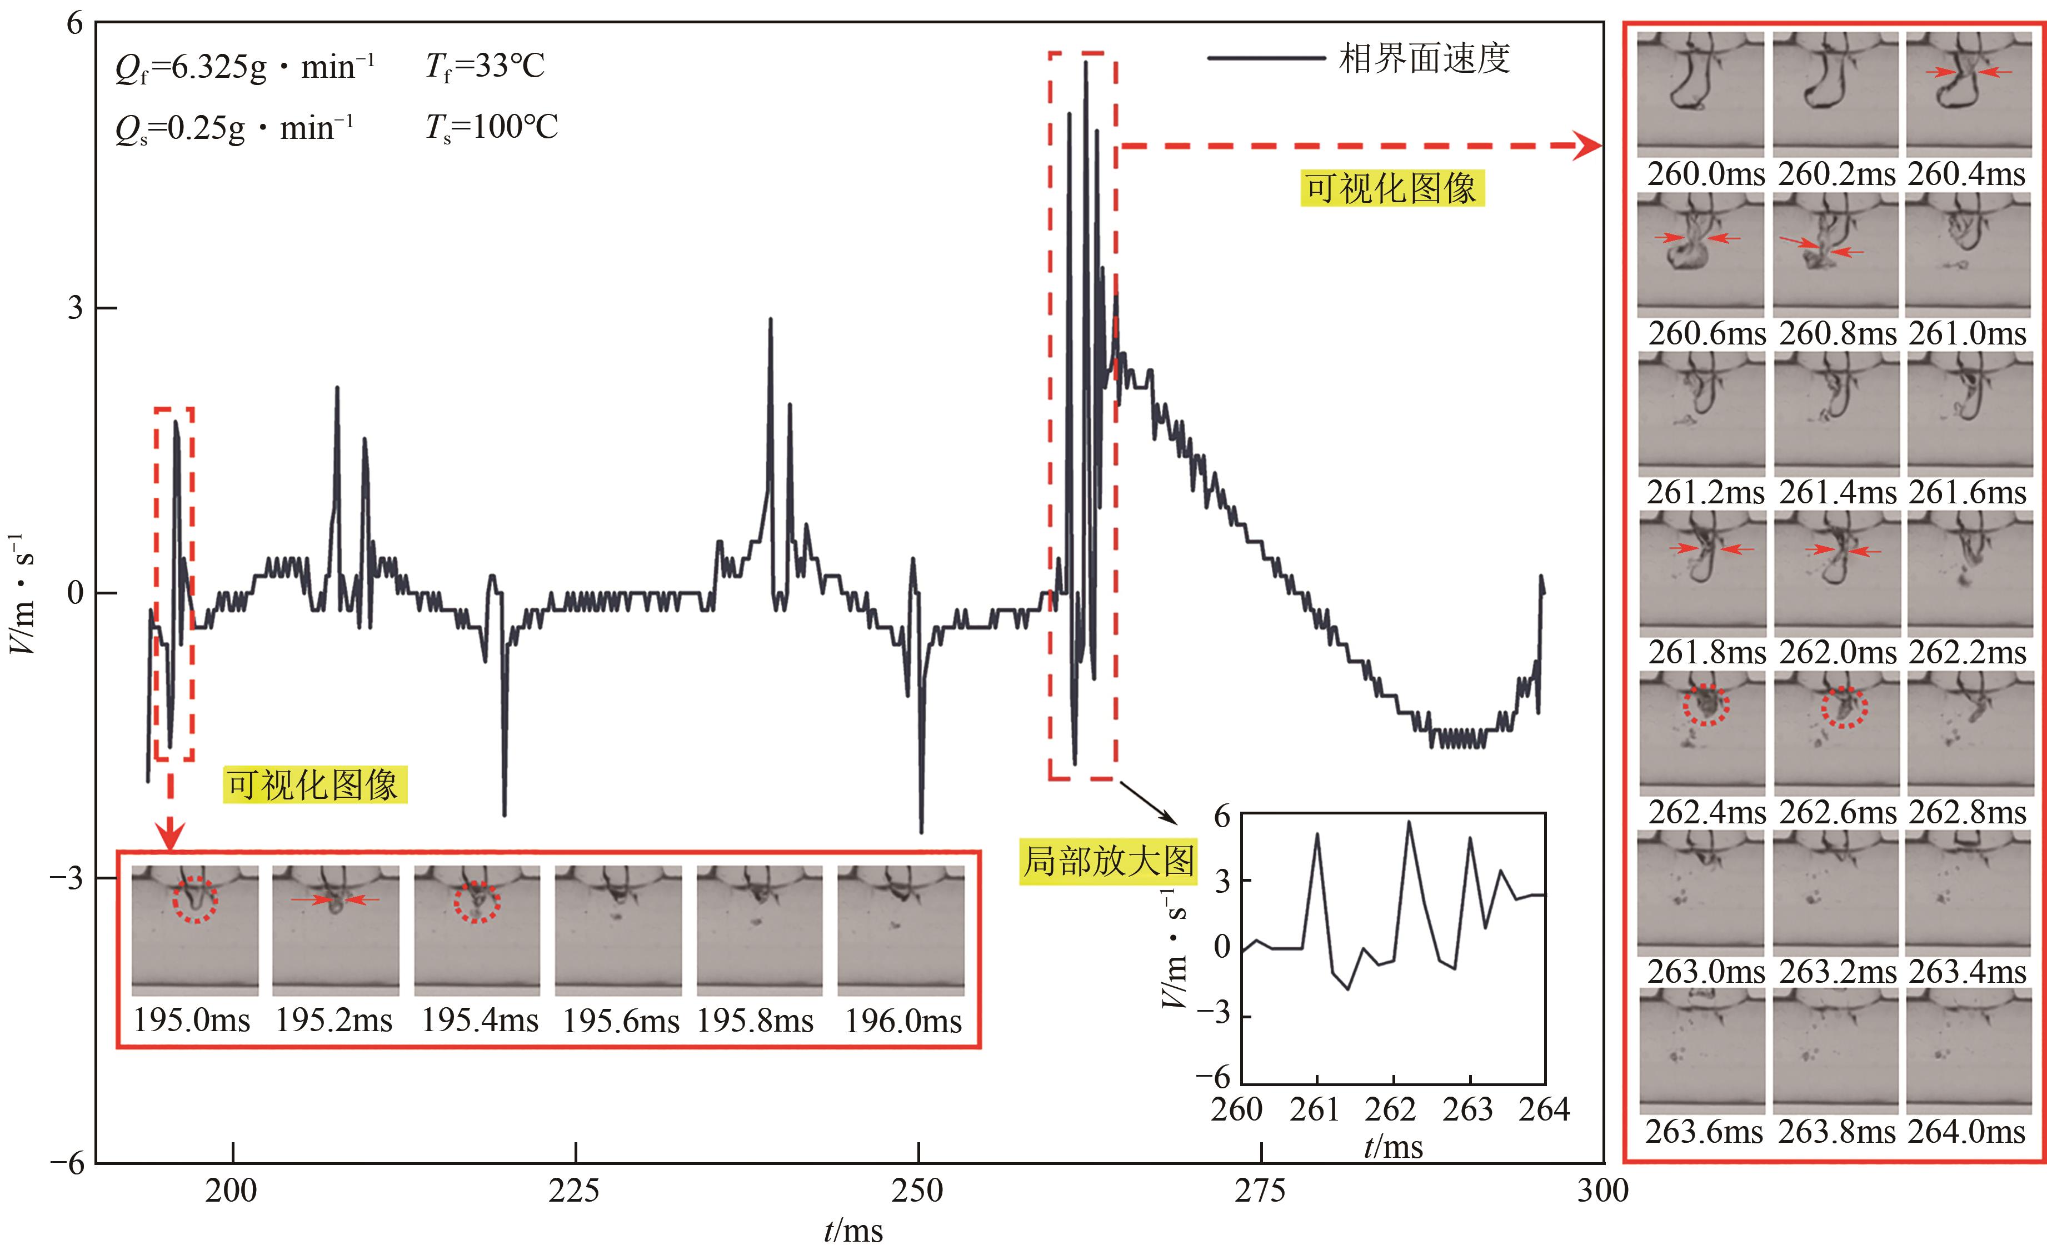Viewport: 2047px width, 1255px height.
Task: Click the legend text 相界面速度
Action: (x=1424, y=59)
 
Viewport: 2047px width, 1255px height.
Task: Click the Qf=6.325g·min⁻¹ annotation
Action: (x=245, y=67)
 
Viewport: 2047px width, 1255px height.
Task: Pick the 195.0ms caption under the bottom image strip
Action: (x=192, y=1021)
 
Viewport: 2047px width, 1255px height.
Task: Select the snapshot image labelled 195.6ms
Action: (x=618, y=930)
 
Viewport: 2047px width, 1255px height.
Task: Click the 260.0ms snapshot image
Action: (x=1701, y=93)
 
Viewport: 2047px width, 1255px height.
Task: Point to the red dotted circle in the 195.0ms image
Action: (x=195, y=899)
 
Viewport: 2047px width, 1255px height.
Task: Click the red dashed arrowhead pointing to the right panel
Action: (x=1589, y=146)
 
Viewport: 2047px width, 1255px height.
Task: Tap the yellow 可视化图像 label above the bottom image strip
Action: (x=314, y=786)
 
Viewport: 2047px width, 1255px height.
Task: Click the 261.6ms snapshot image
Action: (x=1968, y=413)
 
